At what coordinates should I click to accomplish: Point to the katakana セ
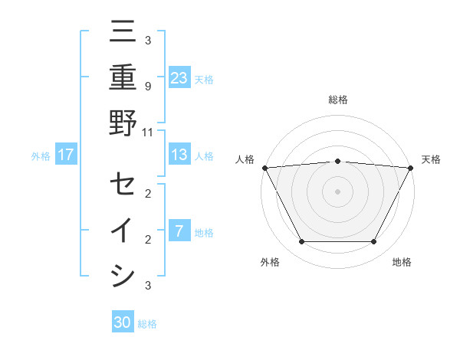pyautogui.click(x=123, y=185)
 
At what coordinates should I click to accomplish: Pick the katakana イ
pyautogui.click(x=123, y=231)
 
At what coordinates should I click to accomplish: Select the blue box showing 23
pyautogui.click(x=179, y=78)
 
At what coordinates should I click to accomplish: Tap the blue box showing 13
pyautogui.click(x=179, y=155)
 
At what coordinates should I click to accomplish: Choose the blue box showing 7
pyautogui.click(x=179, y=231)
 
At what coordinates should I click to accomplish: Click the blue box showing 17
pyautogui.click(x=66, y=155)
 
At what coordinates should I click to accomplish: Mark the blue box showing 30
pyautogui.click(x=123, y=322)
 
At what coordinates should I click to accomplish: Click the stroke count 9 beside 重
pyautogui.click(x=147, y=86)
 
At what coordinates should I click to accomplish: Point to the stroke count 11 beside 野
pyautogui.click(x=147, y=132)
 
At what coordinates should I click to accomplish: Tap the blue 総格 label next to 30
pyautogui.click(x=147, y=324)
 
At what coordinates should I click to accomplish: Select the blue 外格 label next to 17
pyautogui.click(x=41, y=156)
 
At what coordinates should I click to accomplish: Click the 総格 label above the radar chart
pyautogui.click(x=337, y=100)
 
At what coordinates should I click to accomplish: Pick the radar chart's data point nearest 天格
pyautogui.click(x=410, y=168)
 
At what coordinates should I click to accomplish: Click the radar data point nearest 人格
pyautogui.click(x=264, y=168)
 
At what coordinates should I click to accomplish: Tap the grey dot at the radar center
pyautogui.click(x=337, y=191)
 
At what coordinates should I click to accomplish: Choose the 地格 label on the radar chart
pyautogui.click(x=402, y=263)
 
